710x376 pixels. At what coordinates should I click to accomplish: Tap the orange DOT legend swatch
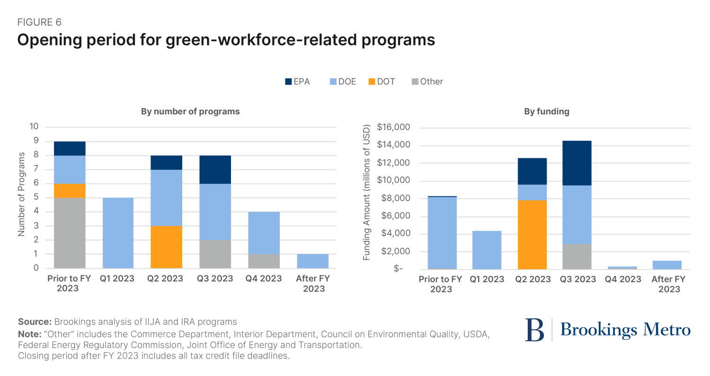click(372, 82)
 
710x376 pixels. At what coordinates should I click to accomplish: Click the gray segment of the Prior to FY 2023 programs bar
click(70, 233)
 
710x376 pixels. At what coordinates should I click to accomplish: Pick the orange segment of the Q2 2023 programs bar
click(166, 247)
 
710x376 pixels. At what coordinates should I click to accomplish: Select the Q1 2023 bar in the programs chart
click(118, 233)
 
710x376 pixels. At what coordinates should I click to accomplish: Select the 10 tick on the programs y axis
click(34, 127)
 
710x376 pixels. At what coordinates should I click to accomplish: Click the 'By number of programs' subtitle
click(190, 112)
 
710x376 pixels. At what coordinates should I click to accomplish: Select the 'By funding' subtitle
click(547, 112)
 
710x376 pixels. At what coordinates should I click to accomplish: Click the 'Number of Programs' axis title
click(21, 198)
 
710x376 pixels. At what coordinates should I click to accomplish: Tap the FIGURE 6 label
click(39, 22)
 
